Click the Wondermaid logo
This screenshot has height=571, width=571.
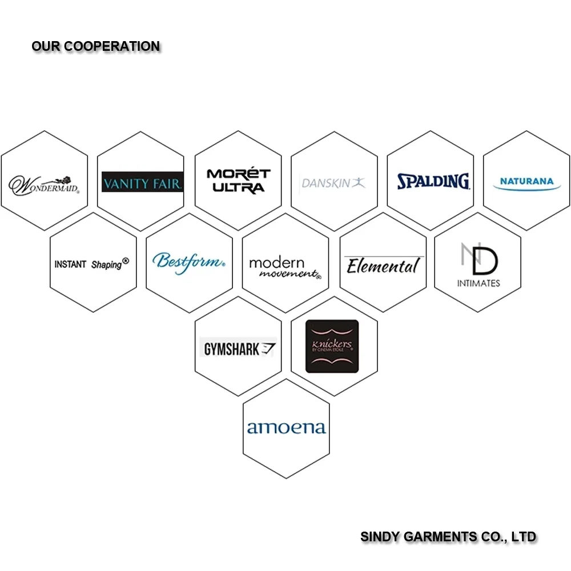pos(44,183)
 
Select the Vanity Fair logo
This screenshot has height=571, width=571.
pos(142,183)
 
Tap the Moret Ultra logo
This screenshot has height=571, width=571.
pos(238,181)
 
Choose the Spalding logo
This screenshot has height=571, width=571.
pos(433,182)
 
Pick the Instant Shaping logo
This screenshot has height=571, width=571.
pos(92,264)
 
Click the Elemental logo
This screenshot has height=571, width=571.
pos(383,266)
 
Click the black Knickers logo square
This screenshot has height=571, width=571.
pos(332,346)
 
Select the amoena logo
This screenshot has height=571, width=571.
pos(286,428)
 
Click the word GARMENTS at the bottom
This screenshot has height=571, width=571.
pos(440,537)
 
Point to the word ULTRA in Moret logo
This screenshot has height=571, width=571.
pos(238,188)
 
